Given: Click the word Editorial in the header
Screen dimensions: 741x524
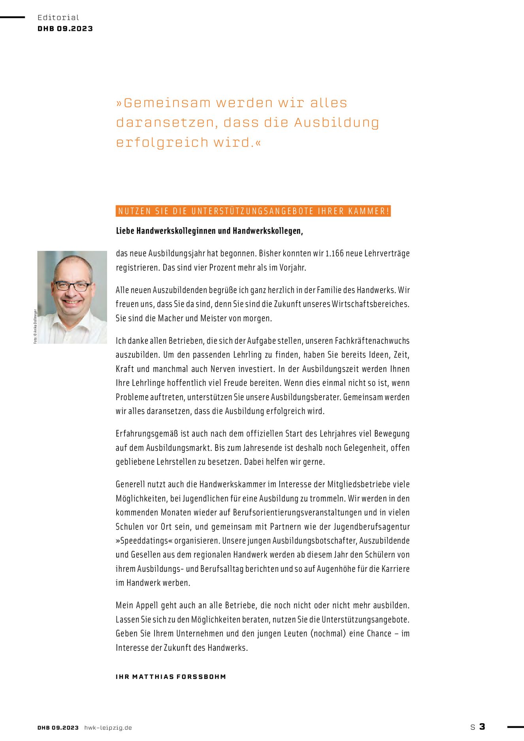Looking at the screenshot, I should pyautogui.click(x=58, y=17).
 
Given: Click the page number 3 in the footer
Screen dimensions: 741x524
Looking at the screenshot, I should pyautogui.click(x=482, y=726).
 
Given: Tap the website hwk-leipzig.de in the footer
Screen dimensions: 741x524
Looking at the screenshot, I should pyautogui.click(x=108, y=728).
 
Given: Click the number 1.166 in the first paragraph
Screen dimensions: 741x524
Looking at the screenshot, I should pyautogui.click(x=334, y=253).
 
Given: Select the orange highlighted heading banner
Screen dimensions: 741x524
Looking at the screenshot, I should pyautogui.click(x=253, y=211).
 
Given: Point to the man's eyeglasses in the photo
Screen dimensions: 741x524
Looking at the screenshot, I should pyautogui.click(x=72, y=286).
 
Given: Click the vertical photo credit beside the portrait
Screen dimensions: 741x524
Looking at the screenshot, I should pyautogui.click(x=35, y=326).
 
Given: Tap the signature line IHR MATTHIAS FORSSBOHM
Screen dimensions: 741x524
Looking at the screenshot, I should pyautogui.click(x=171, y=677).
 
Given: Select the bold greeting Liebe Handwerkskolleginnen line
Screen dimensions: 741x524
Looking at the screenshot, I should pyautogui.click(x=209, y=231).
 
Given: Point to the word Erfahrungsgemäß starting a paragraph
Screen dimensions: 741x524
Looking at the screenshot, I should pyautogui.click(x=147, y=434).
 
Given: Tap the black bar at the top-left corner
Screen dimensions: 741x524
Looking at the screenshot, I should pyautogui.click(x=12, y=17).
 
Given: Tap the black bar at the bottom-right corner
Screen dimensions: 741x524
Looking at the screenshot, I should pyautogui.click(x=515, y=726).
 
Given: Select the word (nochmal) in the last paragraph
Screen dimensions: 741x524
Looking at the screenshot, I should pyautogui.click(x=328, y=634).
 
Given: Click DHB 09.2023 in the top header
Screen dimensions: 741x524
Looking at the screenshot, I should pyautogui.click(x=65, y=28).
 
